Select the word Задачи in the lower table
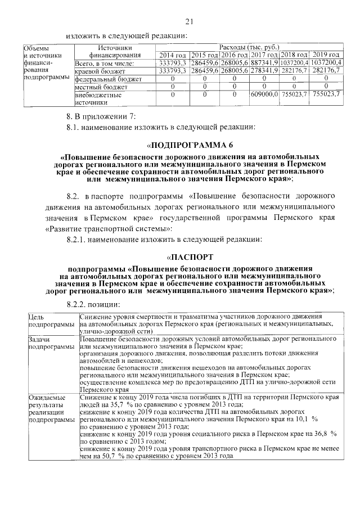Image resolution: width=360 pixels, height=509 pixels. [x=39, y=341]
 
